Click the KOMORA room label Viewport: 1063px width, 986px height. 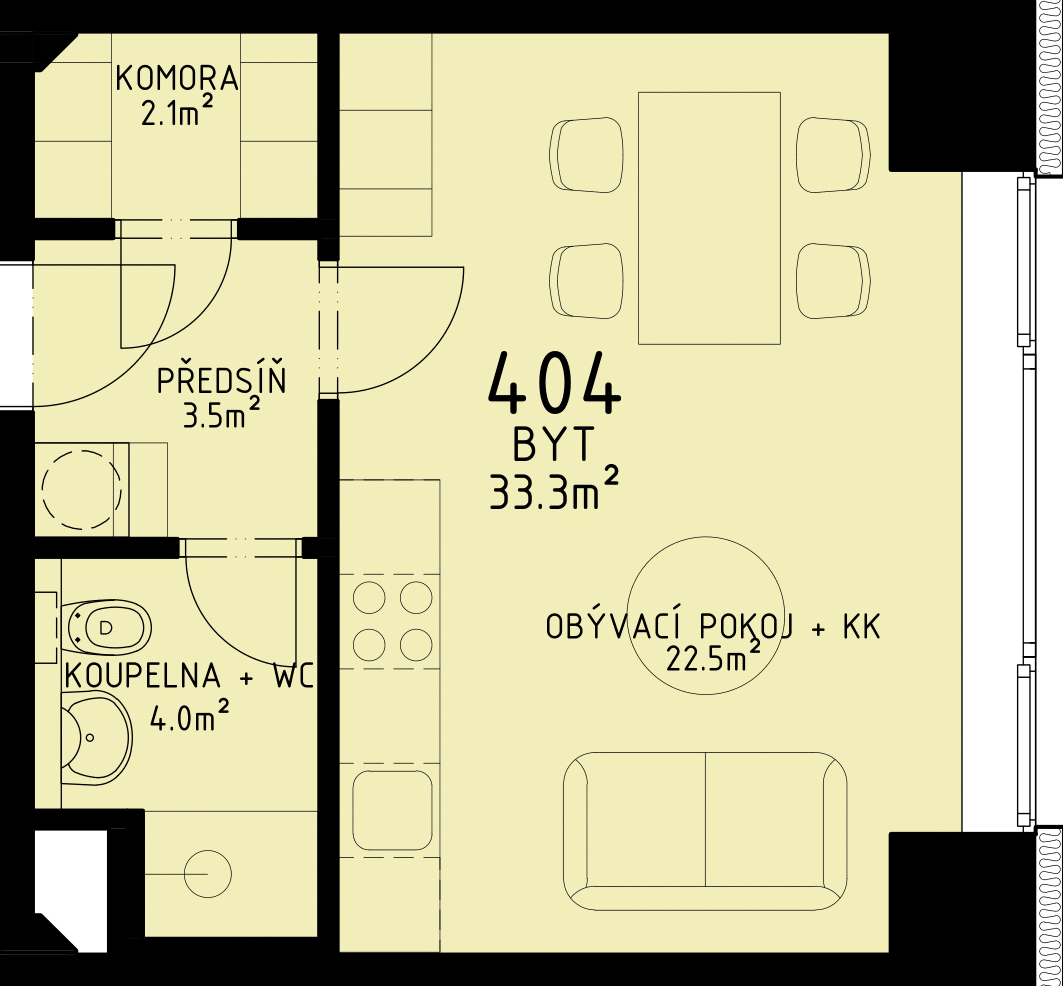click(x=178, y=79)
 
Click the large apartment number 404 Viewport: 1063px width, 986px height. click(x=555, y=383)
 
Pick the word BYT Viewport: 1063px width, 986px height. click(x=554, y=446)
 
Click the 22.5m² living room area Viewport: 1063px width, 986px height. click(x=712, y=656)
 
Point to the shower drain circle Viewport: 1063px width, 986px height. click(x=208, y=874)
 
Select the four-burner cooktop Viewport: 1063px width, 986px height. click(x=392, y=621)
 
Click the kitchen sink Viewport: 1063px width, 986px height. click(x=393, y=809)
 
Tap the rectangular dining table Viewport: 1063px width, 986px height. click(x=709, y=218)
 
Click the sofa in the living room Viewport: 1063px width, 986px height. click(x=705, y=831)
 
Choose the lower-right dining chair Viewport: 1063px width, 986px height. click(x=834, y=281)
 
